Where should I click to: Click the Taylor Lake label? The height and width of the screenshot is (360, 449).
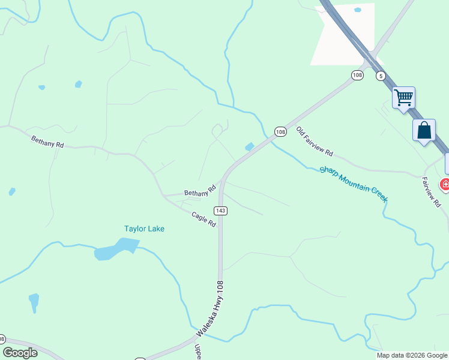click(x=144, y=229)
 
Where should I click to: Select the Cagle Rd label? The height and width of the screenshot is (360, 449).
click(x=203, y=219)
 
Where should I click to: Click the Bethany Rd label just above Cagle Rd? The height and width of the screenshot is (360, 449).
click(x=200, y=193)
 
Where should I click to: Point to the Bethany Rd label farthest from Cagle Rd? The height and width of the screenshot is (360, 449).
click(x=47, y=142)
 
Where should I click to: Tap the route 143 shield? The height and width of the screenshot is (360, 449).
click(x=220, y=210)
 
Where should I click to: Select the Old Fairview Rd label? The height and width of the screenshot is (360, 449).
click(x=314, y=142)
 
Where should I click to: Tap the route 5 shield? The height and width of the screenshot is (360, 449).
click(x=381, y=76)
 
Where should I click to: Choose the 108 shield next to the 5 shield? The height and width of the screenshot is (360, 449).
click(x=358, y=75)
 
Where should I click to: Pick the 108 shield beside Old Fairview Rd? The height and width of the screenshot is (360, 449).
click(x=280, y=131)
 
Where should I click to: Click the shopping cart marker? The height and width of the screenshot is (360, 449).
click(x=404, y=97)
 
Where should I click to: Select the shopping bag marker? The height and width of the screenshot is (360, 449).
click(x=424, y=130)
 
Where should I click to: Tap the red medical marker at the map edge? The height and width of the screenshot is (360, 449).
click(x=445, y=184)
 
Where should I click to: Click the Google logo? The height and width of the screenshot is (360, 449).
click(x=20, y=353)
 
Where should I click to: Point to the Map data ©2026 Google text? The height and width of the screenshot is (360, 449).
click(x=412, y=355)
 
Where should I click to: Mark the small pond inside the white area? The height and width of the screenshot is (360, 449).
click(x=358, y=10)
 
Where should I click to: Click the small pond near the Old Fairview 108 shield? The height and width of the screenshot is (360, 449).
click(x=249, y=146)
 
